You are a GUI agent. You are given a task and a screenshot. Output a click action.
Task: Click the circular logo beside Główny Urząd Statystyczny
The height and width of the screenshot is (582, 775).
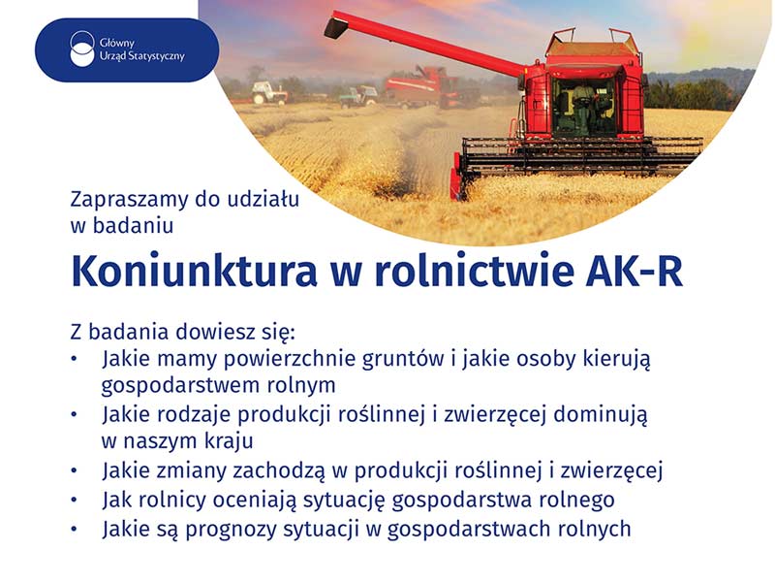(82, 48)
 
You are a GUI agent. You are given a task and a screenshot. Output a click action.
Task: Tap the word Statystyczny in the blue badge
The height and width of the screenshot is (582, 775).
(156, 56)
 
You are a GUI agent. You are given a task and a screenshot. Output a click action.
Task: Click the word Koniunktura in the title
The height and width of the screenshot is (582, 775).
(195, 272)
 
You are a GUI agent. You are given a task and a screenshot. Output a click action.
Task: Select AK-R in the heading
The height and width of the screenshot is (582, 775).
(635, 272)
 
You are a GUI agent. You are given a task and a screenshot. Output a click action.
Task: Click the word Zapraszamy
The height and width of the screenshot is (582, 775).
(130, 200)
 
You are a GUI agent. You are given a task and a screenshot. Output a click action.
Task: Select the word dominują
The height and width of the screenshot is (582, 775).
(600, 415)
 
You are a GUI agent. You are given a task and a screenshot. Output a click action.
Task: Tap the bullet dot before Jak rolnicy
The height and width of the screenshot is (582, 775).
(75, 501)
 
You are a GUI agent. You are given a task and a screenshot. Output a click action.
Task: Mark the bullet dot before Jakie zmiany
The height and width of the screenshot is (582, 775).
(75, 471)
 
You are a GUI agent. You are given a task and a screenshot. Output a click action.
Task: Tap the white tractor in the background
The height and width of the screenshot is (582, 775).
(269, 92)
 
